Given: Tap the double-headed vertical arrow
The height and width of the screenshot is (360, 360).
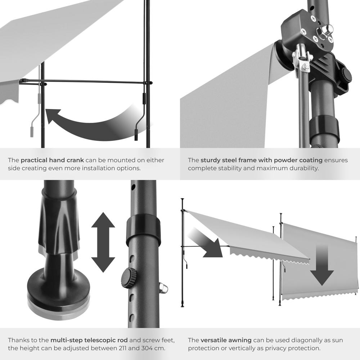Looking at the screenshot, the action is tap(103, 242).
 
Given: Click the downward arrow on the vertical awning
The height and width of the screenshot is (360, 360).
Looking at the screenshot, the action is tap(322, 265).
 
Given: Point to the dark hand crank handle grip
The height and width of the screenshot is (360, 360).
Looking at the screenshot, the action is tap(136, 135).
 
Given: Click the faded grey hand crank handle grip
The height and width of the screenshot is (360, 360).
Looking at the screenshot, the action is tap(32, 131).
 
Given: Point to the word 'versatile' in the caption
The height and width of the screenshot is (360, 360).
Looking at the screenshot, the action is tap(213, 340).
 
